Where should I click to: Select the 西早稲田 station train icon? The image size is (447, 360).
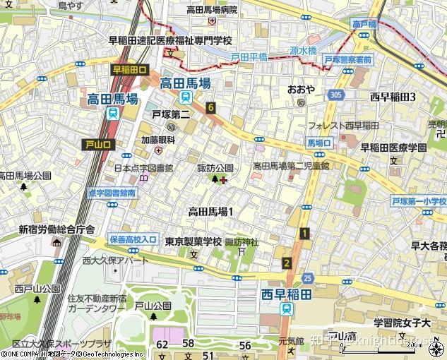286,308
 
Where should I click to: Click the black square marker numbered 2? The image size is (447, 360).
286,263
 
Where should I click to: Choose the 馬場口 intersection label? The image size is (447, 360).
319,142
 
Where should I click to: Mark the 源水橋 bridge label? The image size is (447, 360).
302,52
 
